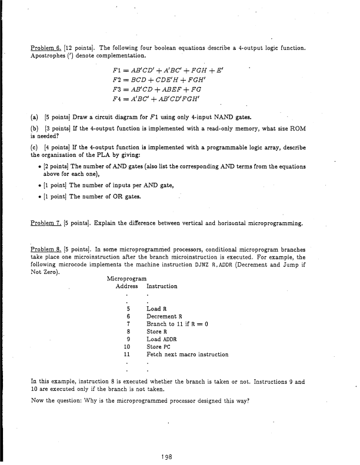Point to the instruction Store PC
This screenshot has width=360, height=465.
[159, 347]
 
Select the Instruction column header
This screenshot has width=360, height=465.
[162, 286]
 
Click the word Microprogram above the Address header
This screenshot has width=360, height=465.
[129, 279]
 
